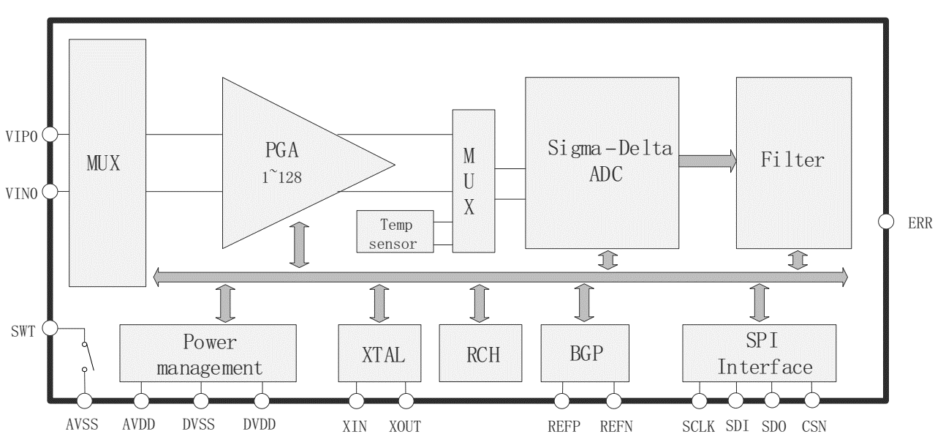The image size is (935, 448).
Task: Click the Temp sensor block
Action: [x=394, y=231]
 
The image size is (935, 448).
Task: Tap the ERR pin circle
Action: [x=885, y=221]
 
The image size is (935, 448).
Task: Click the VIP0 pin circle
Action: [x=50, y=134]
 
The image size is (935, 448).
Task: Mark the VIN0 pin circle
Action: [x=50, y=192]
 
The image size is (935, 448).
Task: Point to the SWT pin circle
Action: [x=50, y=328]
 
